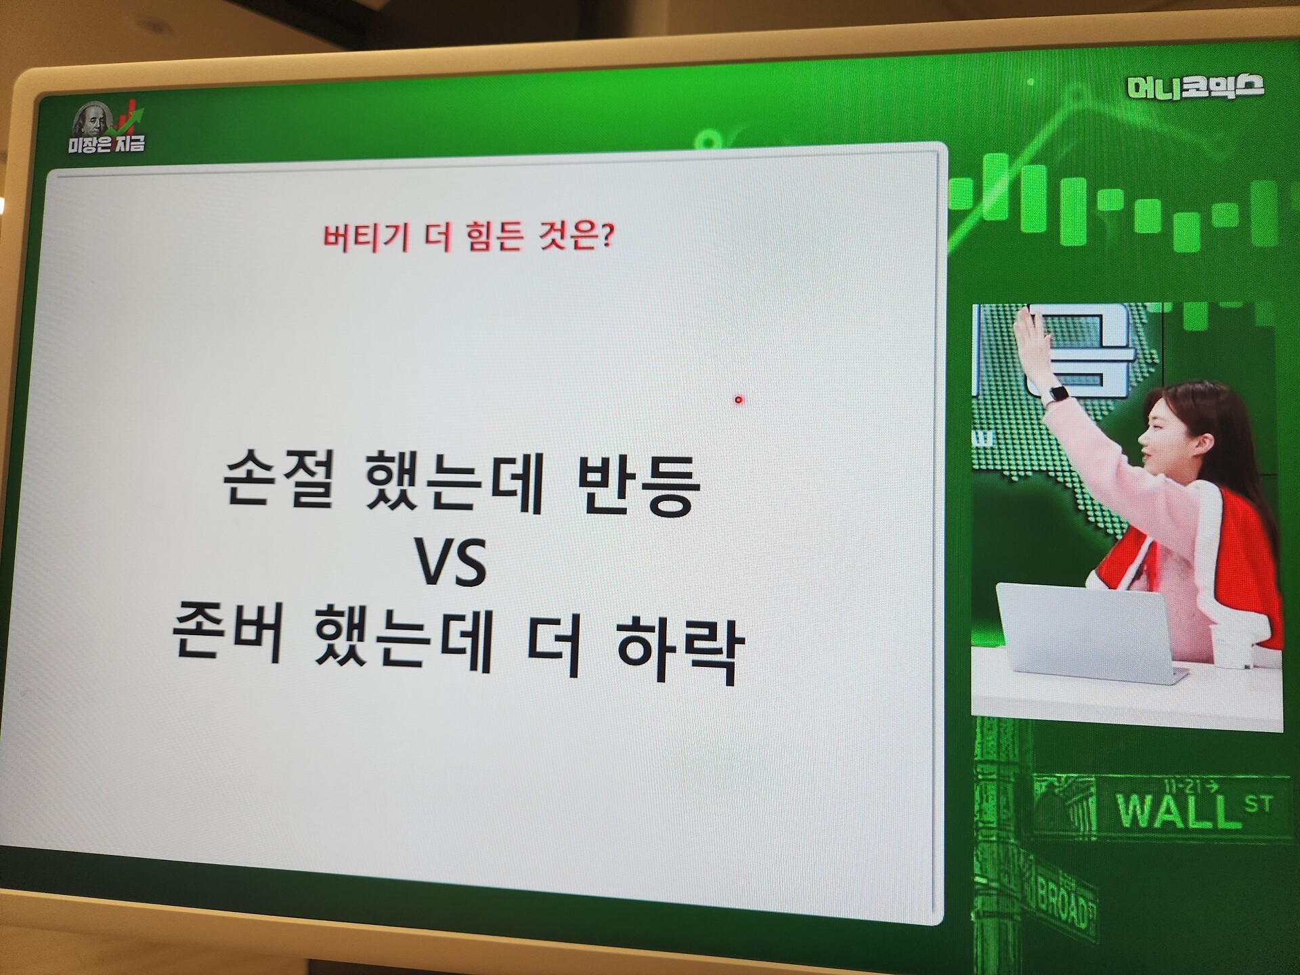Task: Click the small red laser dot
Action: pos(739,400)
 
